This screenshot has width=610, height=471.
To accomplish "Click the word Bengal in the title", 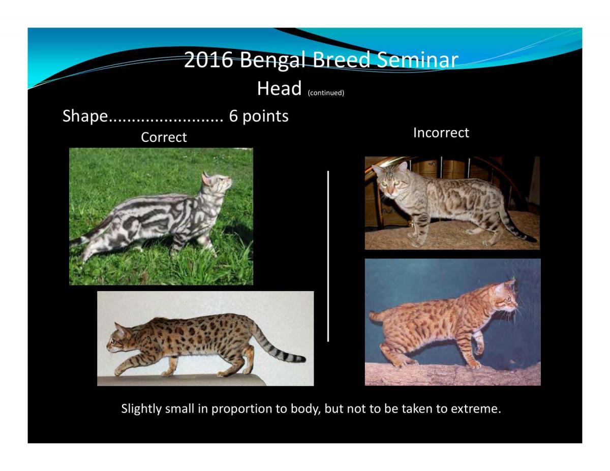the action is [x=272, y=60].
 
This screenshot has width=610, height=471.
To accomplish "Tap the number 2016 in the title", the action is [x=208, y=59].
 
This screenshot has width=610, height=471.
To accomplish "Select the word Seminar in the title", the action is [x=417, y=59].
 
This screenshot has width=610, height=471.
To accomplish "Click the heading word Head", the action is [x=279, y=88].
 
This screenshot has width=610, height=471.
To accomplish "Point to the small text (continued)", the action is [x=326, y=92].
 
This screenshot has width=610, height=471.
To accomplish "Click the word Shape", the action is [x=85, y=116].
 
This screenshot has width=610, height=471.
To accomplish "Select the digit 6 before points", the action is [x=233, y=115].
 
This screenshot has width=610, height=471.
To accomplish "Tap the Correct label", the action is [x=164, y=137].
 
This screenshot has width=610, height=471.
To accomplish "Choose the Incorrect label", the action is [x=441, y=133].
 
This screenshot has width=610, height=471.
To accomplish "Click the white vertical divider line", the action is [x=328, y=256].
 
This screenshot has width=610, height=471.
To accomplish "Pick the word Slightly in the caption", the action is [x=141, y=409].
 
